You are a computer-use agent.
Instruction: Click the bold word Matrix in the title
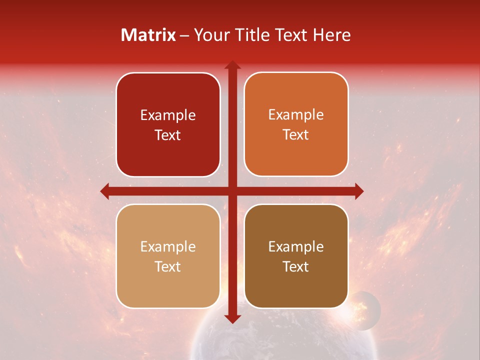(x=148, y=35)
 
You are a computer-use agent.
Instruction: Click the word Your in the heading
(x=210, y=35)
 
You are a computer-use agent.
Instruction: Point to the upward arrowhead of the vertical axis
(x=232, y=65)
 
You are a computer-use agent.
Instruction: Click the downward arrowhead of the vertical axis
(x=232, y=318)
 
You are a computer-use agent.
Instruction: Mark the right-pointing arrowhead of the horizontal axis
(x=358, y=191)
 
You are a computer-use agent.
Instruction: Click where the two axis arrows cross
(x=232, y=191)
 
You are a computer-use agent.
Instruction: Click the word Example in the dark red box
(x=168, y=115)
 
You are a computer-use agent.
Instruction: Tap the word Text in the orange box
(x=296, y=135)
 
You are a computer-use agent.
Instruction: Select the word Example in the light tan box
(x=168, y=246)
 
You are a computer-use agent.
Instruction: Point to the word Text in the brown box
(x=296, y=266)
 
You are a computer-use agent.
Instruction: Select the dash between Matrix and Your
(x=184, y=35)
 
